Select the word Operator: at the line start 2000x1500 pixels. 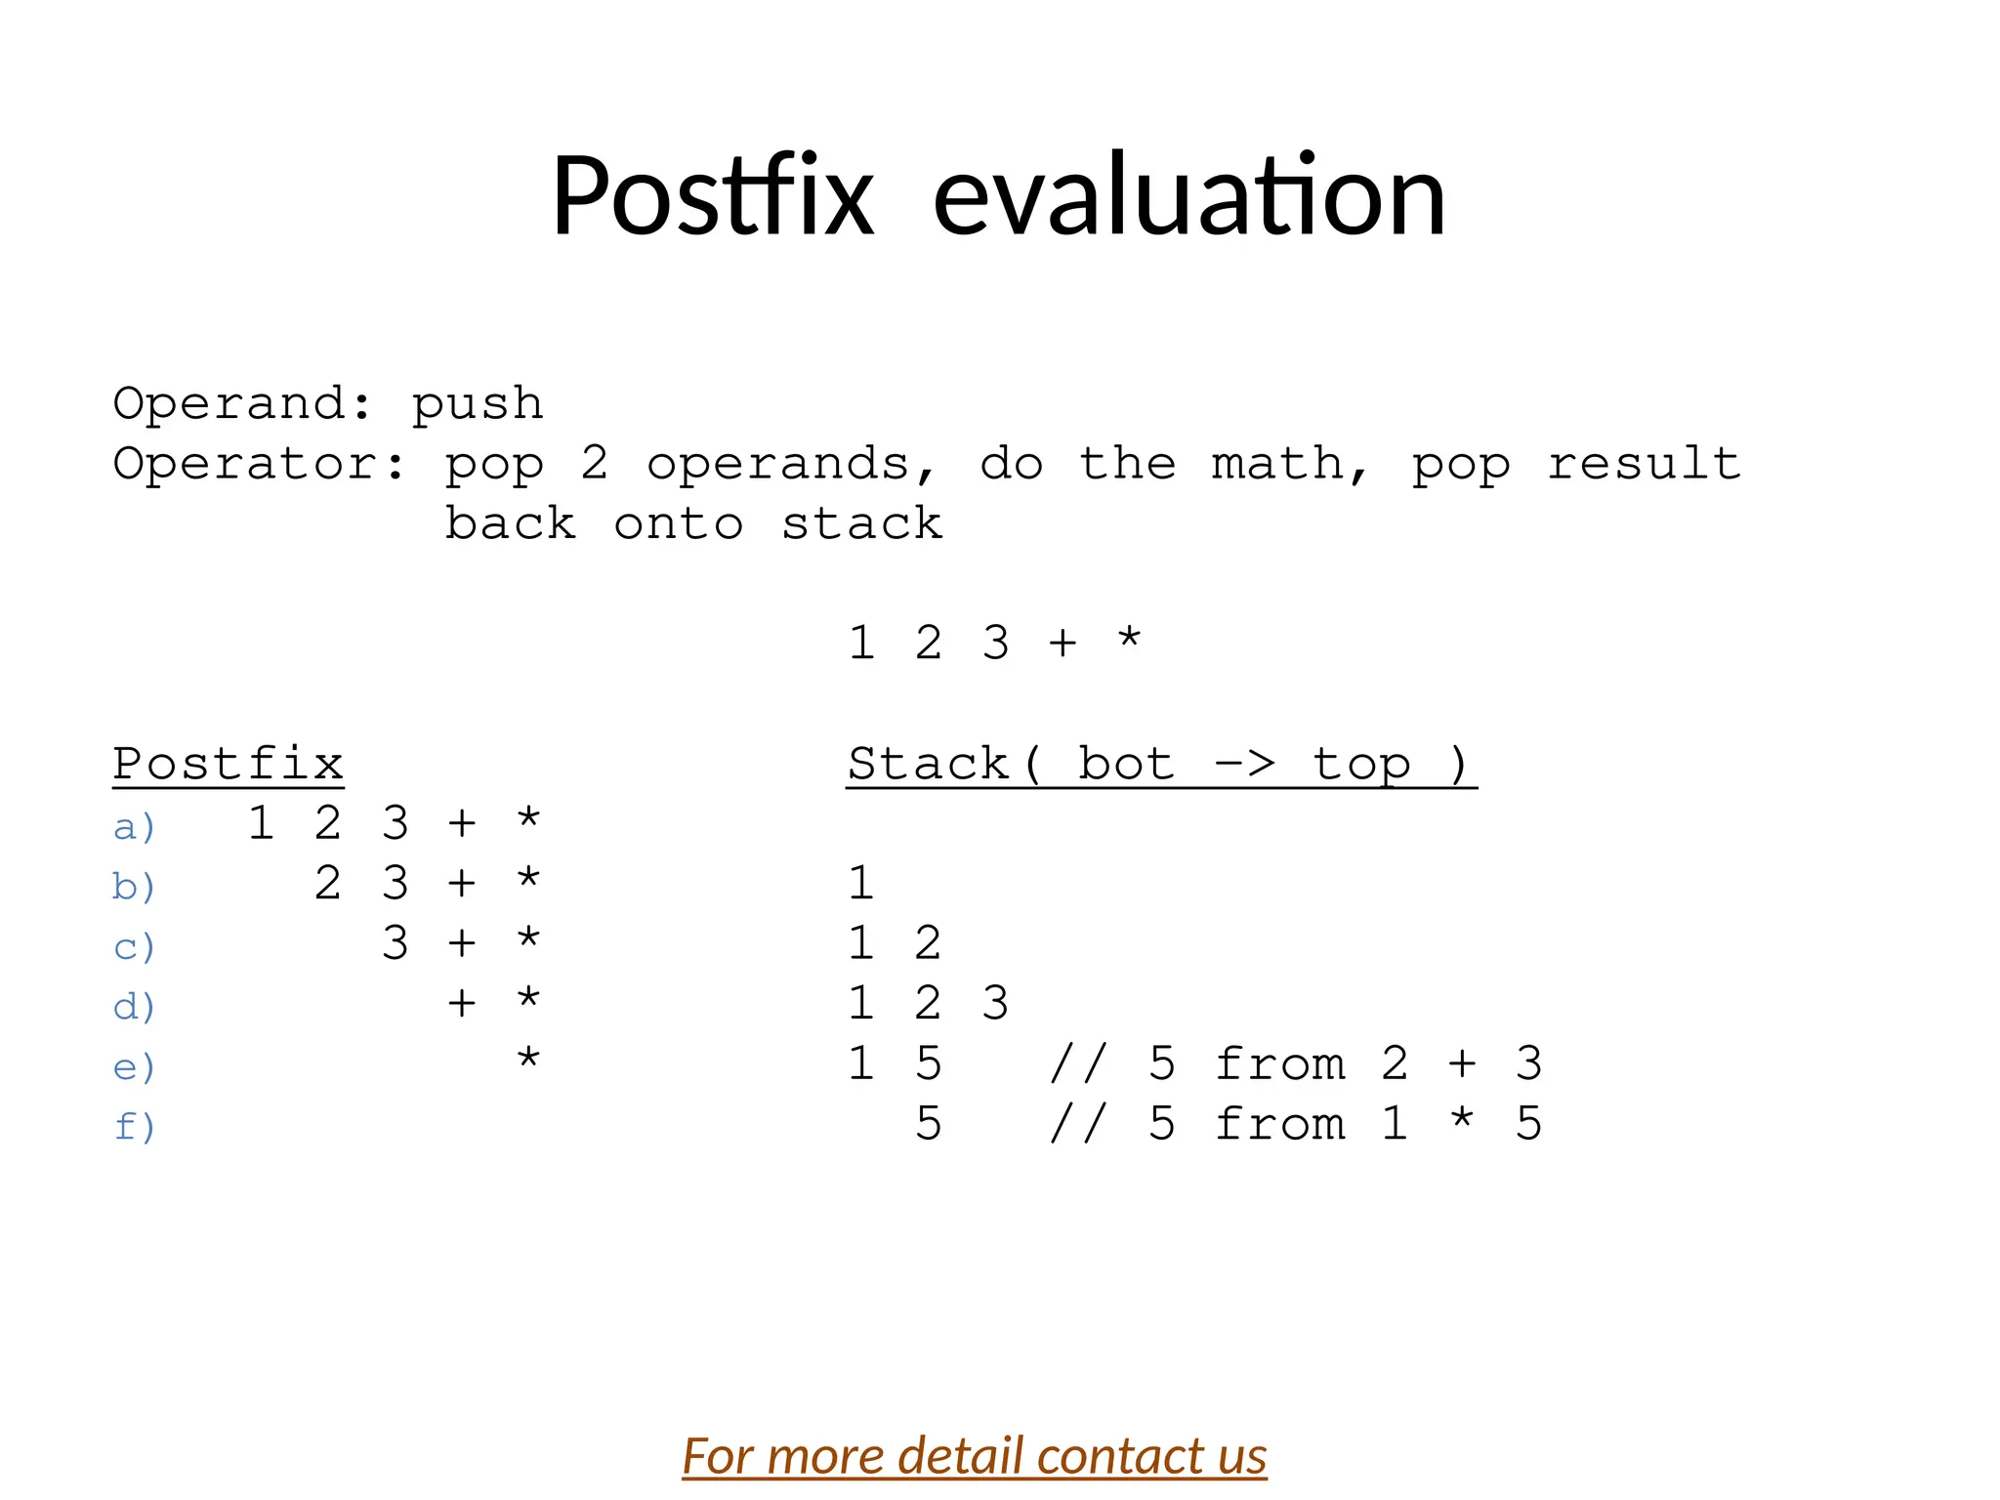point(259,464)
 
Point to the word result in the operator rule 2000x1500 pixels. point(1644,464)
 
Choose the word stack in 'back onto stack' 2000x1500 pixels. point(861,524)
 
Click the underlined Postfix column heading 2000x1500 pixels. point(228,765)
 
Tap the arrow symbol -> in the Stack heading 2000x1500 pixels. point(1244,763)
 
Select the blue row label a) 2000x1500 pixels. point(134,827)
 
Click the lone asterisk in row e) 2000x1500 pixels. point(528,1059)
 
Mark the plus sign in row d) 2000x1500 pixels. point(462,1004)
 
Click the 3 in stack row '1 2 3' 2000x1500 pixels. point(994,1004)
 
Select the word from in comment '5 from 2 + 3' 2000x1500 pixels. point(1279,1064)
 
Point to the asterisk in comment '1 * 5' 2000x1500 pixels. point(1462,1120)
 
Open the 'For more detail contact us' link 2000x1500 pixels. point(974,1456)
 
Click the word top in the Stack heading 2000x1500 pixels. point(1361,765)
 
